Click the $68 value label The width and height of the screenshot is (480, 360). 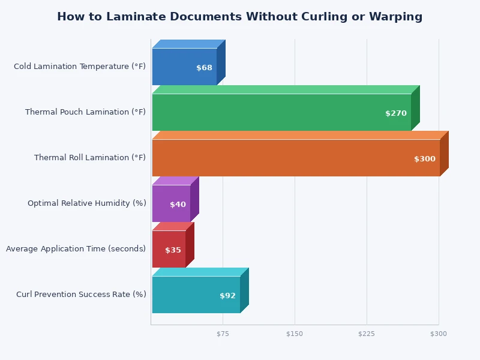[x=204, y=68]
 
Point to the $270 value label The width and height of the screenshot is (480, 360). [x=395, y=113]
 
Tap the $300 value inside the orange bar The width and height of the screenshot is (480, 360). [x=424, y=159]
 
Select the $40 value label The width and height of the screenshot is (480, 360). [x=178, y=205]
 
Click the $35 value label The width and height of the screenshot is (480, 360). [x=173, y=250]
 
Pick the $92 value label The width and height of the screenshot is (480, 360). [x=227, y=296]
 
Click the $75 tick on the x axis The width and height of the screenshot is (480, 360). [x=223, y=334]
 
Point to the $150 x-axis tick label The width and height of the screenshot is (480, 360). [x=295, y=334]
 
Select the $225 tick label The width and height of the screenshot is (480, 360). [x=367, y=334]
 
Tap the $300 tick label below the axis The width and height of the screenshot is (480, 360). [x=438, y=334]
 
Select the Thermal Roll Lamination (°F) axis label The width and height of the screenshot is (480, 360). [x=90, y=158]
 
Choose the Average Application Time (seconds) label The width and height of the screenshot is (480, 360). [x=76, y=249]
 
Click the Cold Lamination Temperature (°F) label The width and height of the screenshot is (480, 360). [x=80, y=67]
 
